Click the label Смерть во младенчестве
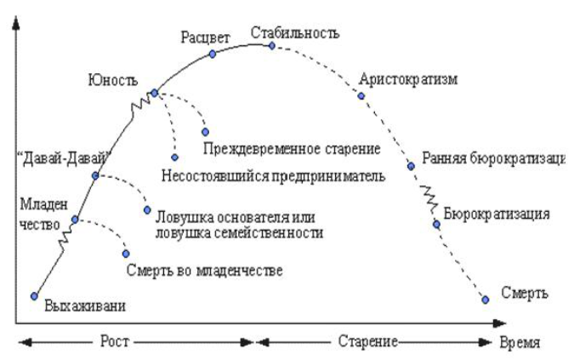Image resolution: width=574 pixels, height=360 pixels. (203, 271)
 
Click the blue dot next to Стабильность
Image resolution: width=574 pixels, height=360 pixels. (272, 46)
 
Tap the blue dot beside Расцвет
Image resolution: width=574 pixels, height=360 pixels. (213, 54)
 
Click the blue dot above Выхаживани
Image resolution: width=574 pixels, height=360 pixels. (34, 295)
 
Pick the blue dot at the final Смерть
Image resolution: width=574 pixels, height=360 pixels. (486, 299)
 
